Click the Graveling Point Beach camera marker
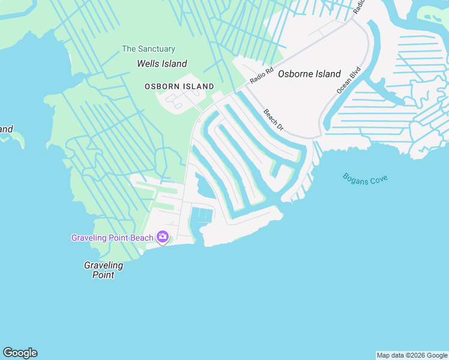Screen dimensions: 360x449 click(163, 238)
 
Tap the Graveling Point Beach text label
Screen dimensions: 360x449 click(112, 238)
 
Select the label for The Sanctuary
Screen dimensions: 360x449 click(148, 49)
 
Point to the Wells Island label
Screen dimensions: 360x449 click(162, 64)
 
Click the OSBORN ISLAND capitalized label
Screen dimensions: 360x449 click(179, 87)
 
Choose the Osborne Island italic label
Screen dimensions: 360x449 click(309, 74)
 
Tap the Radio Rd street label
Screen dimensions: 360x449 click(261, 74)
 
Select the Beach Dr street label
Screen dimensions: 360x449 click(273, 119)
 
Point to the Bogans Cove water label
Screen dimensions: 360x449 click(365, 179)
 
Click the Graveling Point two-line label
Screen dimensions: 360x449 click(104, 270)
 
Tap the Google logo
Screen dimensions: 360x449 click(20, 353)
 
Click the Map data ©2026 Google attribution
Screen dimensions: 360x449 click(412, 355)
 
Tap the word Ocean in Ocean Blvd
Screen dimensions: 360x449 click(343, 85)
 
